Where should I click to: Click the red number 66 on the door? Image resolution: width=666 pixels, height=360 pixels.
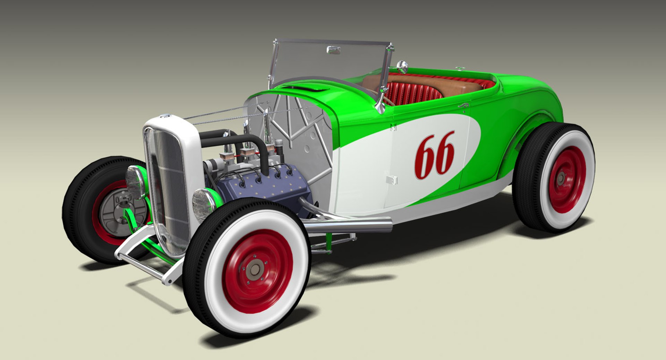[x=434, y=155]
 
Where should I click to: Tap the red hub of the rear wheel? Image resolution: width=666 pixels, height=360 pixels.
[x=567, y=179]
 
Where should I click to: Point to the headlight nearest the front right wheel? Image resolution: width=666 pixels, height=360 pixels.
[x=203, y=205]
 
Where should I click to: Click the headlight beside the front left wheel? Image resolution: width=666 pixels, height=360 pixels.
[x=135, y=182]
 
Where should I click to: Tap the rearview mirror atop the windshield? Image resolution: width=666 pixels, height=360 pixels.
[x=333, y=50]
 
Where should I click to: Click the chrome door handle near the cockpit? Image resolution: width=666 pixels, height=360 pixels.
[x=464, y=105]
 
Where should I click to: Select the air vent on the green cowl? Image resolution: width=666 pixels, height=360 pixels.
[x=305, y=89]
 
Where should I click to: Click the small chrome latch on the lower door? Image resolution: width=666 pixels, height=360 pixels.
[x=392, y=180]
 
